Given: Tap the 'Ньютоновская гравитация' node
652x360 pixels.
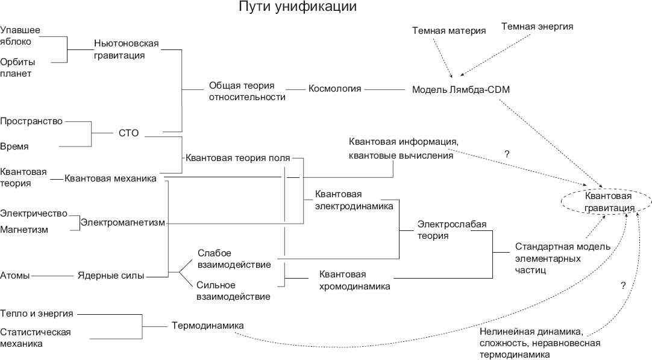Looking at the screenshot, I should click(126, 49).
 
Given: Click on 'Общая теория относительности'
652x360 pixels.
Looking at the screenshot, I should click(247, 91).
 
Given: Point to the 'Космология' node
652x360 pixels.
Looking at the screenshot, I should click(335, 89).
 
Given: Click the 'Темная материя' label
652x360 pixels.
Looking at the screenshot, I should click(449, 31).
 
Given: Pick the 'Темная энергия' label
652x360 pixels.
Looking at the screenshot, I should click(537, 27).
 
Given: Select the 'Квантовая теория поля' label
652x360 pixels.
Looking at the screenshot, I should click(237, 159).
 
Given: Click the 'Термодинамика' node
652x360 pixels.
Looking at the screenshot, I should click(207, 326).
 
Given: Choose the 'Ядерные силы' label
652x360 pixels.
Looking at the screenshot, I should click(111, 276).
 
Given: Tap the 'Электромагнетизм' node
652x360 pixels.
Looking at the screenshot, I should click(123, 223).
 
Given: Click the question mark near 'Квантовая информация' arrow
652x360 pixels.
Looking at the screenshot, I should click(507, 154).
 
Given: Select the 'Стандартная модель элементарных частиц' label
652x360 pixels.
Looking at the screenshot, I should click(562, 259).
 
